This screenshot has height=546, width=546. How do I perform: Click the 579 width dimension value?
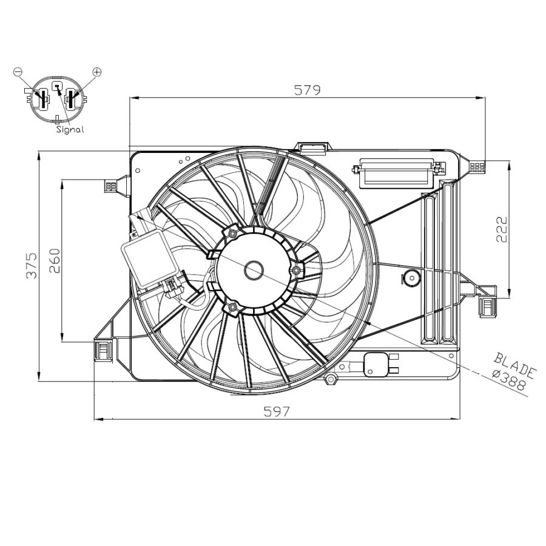[307, 90]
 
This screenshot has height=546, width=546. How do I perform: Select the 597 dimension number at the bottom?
[277, 411]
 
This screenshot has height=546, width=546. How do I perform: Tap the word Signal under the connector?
[70, 129]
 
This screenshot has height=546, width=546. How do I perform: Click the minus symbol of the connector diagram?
[17, 72]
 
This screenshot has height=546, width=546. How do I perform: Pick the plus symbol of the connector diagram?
[96, 72]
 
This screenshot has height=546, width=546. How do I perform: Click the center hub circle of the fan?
[254, 270]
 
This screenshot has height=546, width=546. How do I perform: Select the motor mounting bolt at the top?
[233, 232]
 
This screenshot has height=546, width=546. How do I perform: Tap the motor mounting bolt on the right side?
[296, 269]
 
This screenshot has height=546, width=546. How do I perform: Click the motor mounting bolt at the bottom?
[232, 308]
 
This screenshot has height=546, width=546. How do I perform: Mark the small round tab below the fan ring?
[331, 380]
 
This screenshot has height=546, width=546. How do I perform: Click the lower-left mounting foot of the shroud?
[104, 350]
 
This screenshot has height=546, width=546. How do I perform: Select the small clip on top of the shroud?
[312, 147]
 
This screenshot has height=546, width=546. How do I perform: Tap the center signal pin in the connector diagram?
[56, 88]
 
